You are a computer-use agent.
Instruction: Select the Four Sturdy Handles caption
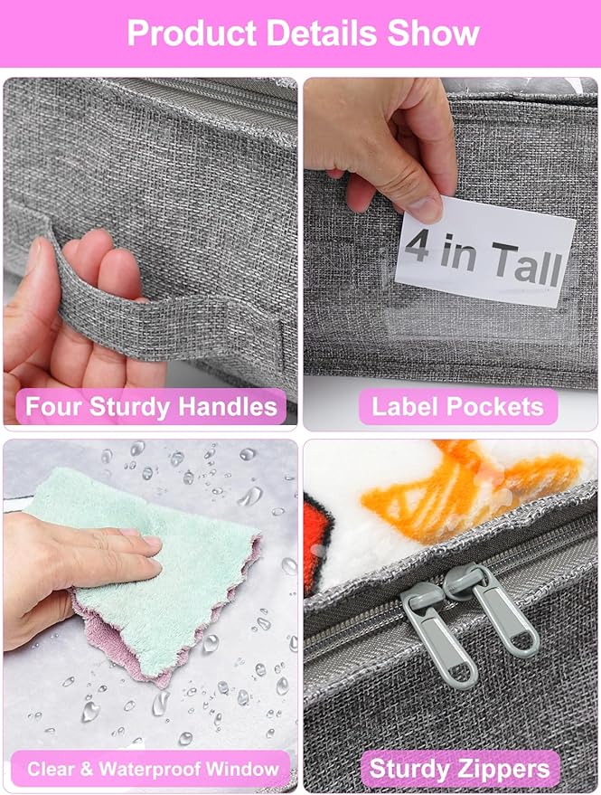coord(151,406)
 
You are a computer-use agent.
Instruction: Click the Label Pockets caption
coord(458,406)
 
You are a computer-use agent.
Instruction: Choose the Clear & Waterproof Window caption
coord(152,770)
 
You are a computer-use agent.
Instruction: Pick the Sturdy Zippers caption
coord(459,770)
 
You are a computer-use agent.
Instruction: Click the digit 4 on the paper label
coord(418,246)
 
